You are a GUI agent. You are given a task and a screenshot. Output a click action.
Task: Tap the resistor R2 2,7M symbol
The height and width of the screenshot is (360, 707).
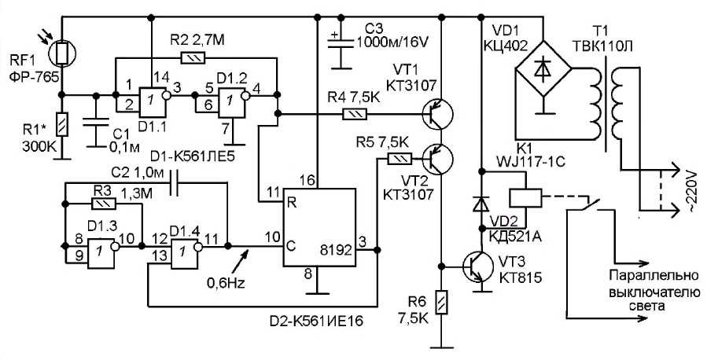tap(193, 57)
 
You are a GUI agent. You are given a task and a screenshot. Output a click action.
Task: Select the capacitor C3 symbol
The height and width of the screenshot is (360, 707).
tap(341, 42)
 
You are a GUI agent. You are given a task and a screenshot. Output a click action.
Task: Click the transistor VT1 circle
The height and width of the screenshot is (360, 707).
tap(437, 115)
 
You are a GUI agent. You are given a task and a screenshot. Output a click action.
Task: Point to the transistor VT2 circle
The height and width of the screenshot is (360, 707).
tap(437, 159)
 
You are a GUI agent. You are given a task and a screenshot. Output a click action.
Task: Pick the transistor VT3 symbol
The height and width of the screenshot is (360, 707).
tap(478, 266)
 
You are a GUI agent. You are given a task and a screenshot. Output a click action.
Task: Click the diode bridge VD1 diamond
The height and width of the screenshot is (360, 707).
tap(543, 69)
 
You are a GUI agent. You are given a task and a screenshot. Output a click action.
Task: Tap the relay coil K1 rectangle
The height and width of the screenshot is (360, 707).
tap(525, 197)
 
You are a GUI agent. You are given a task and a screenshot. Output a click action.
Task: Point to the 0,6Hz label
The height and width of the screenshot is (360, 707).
tap(226, 284)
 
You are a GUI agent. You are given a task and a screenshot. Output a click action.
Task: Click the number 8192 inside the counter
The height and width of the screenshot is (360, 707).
tap(335, 250)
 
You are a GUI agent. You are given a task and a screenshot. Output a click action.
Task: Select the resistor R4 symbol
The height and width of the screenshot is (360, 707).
tap(355, 115)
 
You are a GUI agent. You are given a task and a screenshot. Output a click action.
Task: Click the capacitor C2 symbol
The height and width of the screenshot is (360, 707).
tap(174, 182)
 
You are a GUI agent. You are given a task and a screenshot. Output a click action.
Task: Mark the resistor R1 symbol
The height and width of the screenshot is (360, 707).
tap(62, 124)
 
